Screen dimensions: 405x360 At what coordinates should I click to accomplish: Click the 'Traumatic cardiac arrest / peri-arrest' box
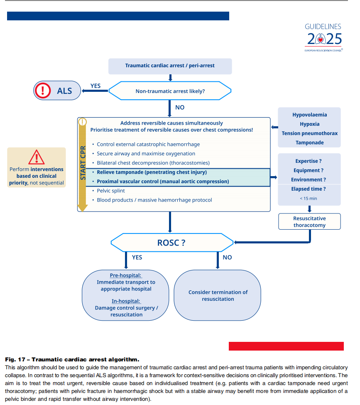point(170,66)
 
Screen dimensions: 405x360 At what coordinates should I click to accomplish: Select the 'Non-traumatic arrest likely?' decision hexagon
point(170,91)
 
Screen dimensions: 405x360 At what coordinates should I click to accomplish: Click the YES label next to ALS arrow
point(96,86)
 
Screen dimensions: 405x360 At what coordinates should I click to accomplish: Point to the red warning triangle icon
point(37,158)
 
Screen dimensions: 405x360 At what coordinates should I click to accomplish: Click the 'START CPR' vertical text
point(83,162)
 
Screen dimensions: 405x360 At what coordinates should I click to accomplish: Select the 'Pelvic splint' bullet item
point(110,191)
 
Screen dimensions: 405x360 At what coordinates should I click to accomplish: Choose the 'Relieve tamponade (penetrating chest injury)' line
point(152,172)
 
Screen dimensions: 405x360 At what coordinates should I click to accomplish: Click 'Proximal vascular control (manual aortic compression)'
point(163,182)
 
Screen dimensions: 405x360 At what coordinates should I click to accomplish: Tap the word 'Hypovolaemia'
point(309,115)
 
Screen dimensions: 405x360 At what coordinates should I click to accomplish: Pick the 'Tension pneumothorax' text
point(309,133)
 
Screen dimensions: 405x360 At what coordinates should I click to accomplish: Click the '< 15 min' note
point(308,199)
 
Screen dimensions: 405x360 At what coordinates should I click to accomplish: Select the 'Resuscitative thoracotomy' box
point(309,222)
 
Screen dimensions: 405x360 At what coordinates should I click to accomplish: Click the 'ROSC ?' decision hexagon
point(171,243)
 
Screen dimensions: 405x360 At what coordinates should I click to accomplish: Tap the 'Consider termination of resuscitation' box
point(218,295)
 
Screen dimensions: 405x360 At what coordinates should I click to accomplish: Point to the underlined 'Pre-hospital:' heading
point(125,275)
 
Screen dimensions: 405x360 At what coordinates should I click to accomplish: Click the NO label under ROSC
point(227,258)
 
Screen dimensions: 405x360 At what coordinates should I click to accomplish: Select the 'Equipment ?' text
point(308,170)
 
